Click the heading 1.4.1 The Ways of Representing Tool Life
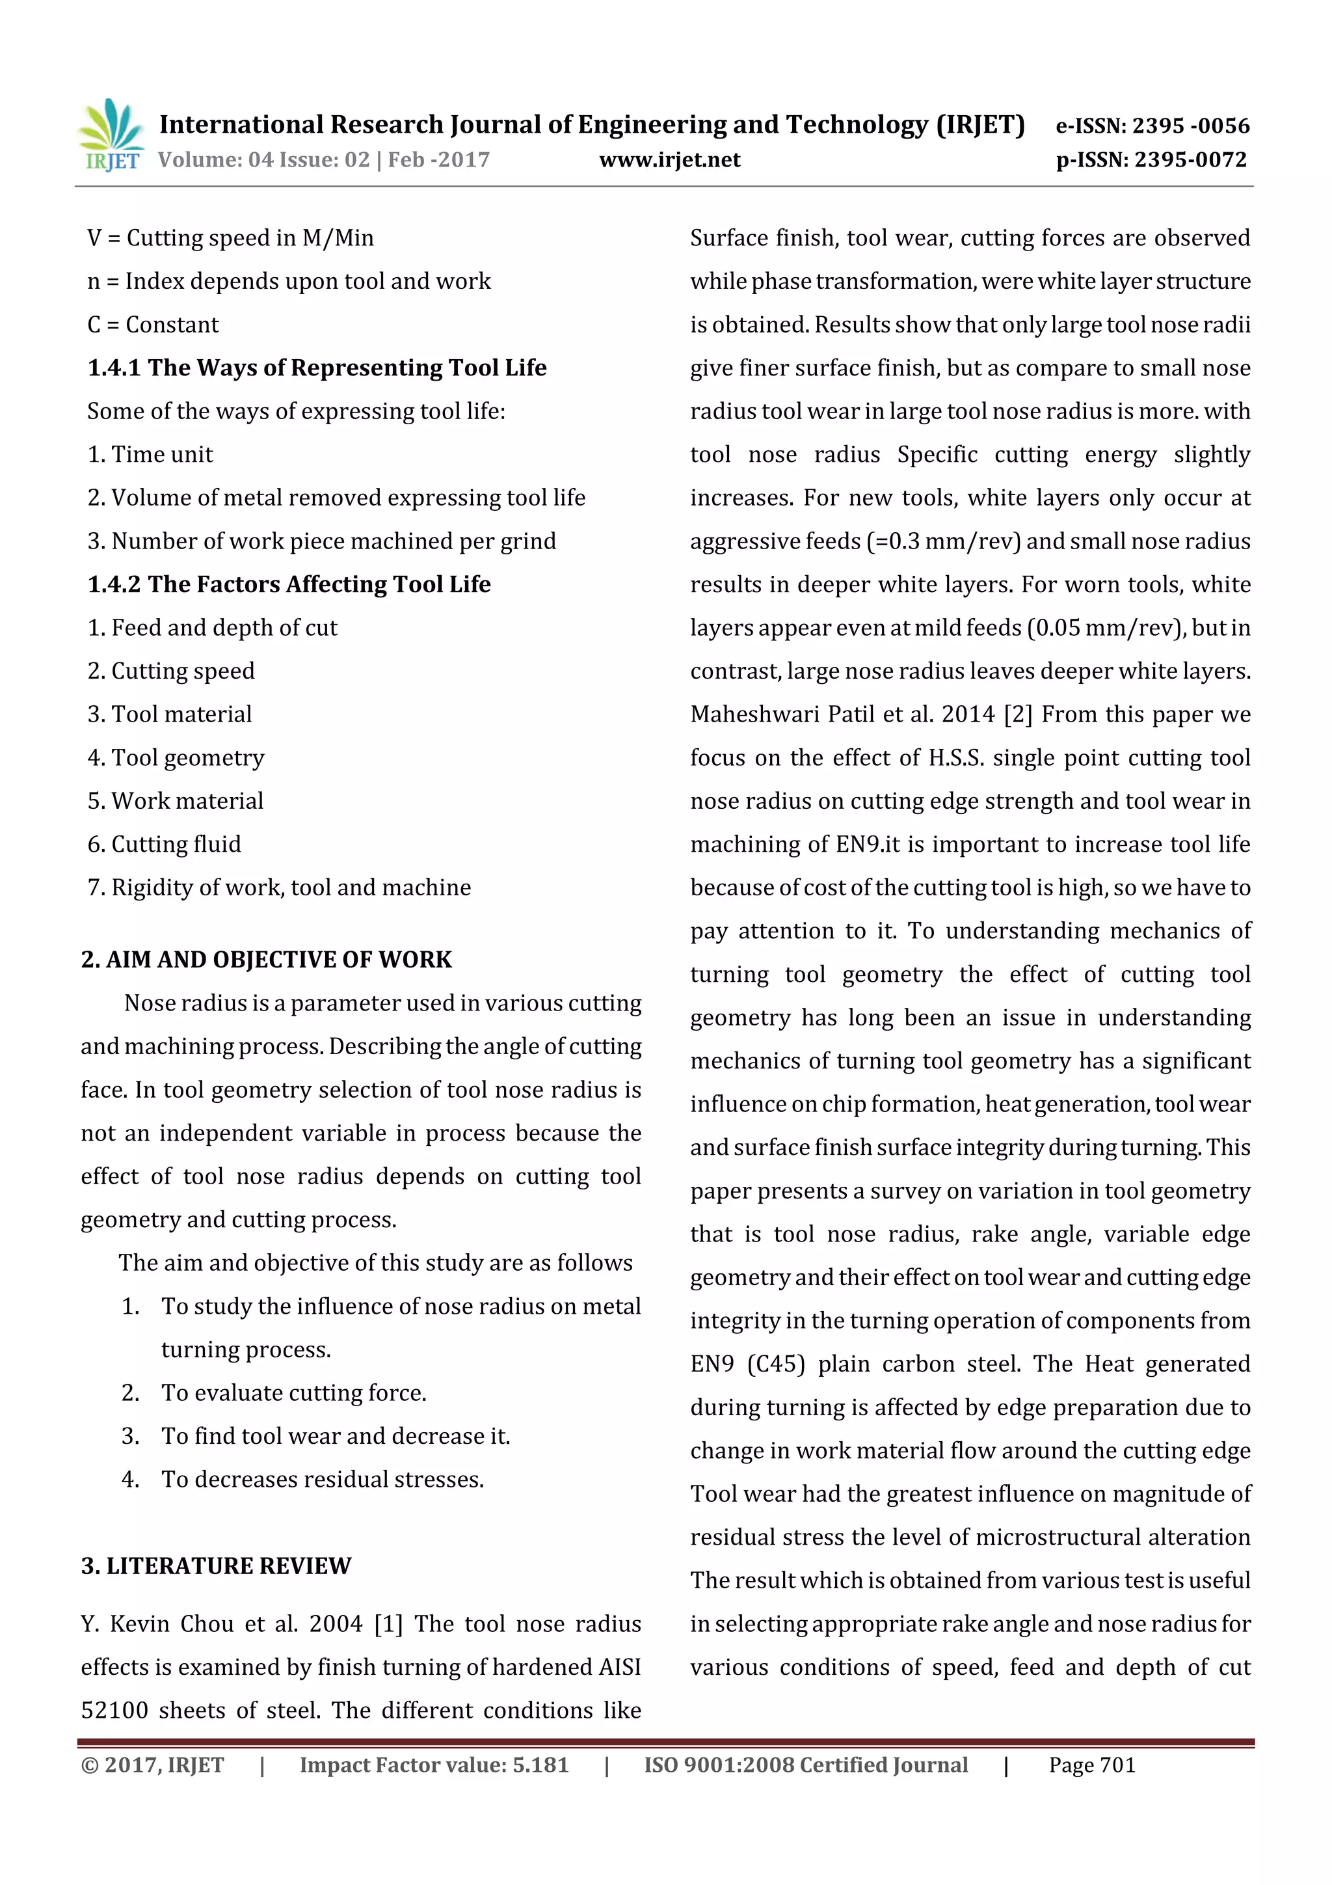click(317, 368)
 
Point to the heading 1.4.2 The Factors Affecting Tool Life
click(289, 584)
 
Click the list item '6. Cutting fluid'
click(164, 844)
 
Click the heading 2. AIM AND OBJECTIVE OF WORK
click(266, 959)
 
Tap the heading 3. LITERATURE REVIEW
click(216, 1566)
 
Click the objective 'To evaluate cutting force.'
click(293, 1392)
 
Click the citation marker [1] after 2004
click(388, 1624)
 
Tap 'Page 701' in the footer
click(1091, 1765)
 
